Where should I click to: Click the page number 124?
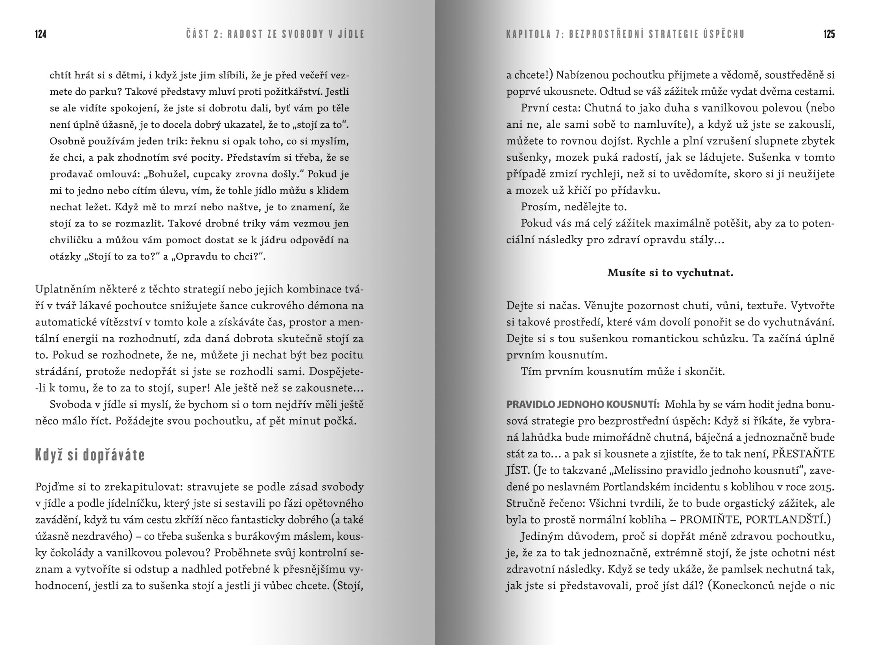[41, 34]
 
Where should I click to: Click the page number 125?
[829, 34]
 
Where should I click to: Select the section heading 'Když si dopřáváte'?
[90, 455]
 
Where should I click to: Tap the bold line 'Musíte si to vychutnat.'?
[670, 273]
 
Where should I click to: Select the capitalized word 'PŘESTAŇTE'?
[803, 454]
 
